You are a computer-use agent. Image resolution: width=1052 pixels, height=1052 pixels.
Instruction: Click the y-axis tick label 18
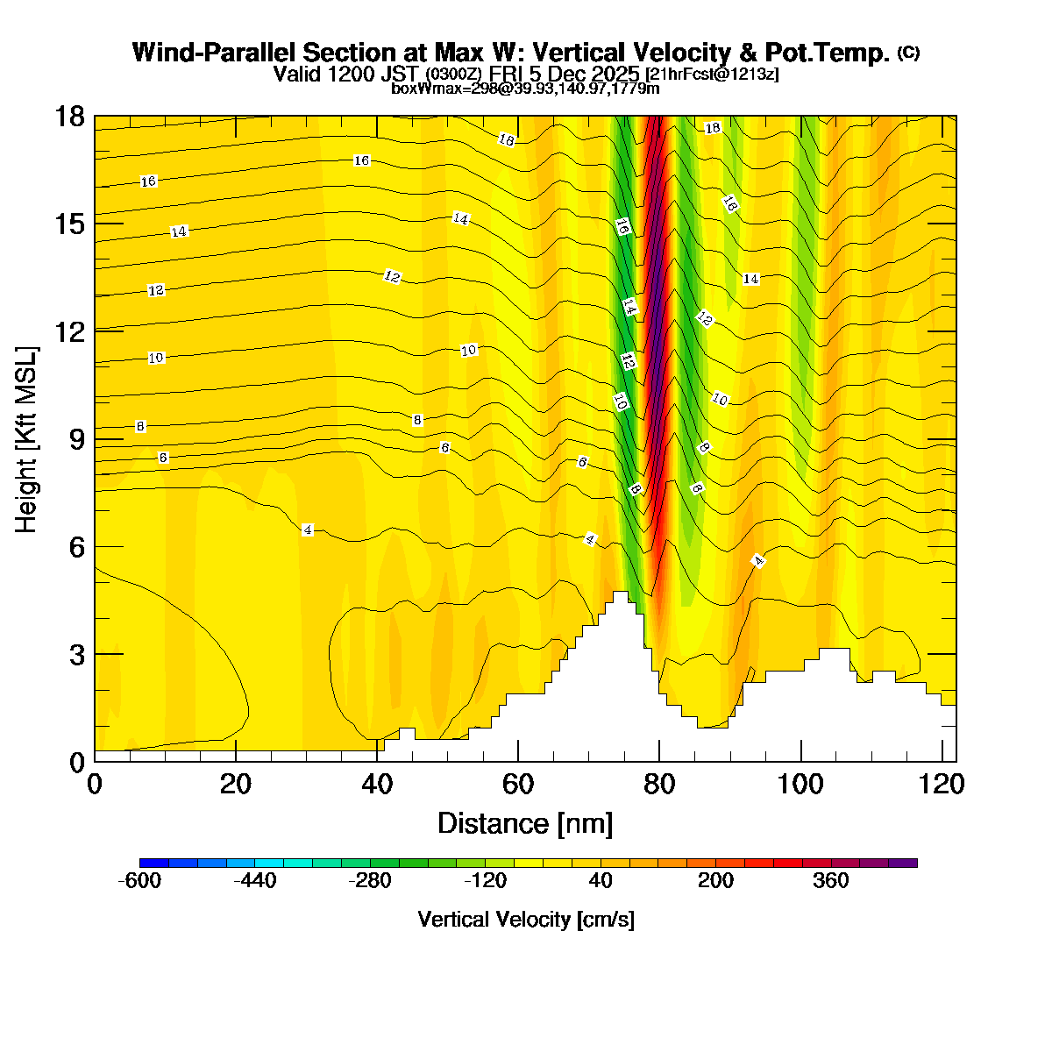click(x=69, y=116)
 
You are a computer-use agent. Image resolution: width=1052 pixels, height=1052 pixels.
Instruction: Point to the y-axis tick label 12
click(x=69, y=331)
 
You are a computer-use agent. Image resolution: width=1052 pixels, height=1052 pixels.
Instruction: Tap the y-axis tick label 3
click(x=76, y=654)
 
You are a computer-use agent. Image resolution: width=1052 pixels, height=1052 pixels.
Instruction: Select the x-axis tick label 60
click(x=518, y=784)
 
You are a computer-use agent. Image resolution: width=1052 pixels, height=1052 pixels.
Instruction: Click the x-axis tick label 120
click(x=942, y=784)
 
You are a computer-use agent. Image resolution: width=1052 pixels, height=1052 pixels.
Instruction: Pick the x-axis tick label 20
click(x=236, y=784)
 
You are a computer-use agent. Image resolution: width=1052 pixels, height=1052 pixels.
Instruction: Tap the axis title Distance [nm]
click(x=524, y=824)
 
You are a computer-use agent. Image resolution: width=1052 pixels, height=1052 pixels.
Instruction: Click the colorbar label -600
click(x=139, y=881)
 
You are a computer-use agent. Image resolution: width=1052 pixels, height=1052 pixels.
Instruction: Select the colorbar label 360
click(x=831, y=881)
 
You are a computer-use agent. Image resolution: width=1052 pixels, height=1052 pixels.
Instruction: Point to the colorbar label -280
click(x=370, y=881)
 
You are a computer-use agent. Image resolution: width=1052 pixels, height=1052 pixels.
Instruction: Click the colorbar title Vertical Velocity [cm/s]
click(x=526, y=920)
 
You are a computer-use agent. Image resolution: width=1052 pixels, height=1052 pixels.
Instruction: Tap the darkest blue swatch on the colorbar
click(x=153, y=863)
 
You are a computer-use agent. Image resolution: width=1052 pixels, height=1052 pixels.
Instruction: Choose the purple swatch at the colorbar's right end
click(x=903, y=863)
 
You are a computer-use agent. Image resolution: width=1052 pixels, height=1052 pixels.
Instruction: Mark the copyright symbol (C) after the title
click(x=908, y=53)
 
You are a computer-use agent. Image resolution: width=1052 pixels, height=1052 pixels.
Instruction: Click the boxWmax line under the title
click(x=525, y=88)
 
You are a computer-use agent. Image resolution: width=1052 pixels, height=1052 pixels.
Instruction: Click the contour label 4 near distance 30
click(x=307, y=530)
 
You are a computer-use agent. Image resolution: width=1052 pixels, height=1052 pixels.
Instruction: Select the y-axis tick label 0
click(x=76, y=762)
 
